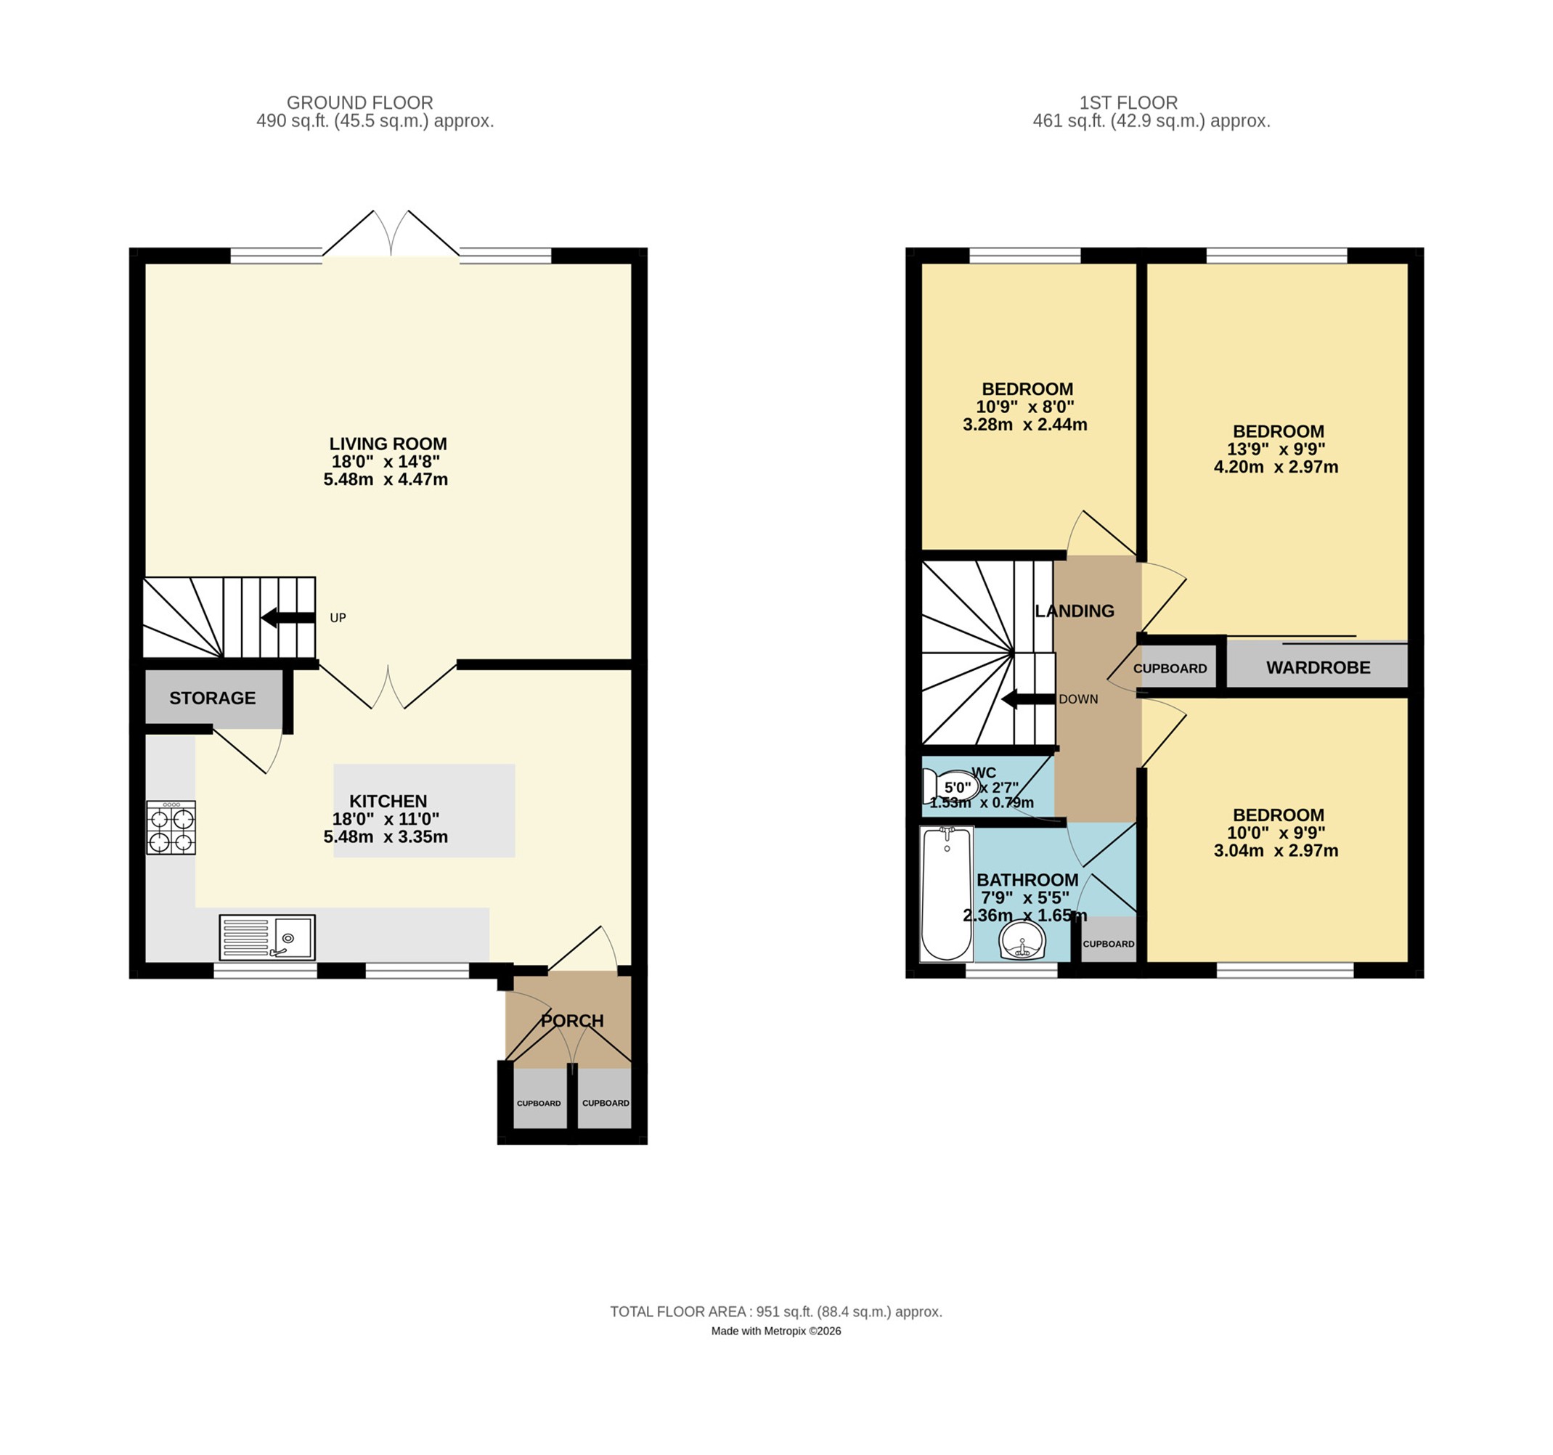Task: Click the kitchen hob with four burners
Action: tap(171, 828)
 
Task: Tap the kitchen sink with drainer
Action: tap(267, 937)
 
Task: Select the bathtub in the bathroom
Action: tap(946, 894)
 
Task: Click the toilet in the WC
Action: tap(949, 785)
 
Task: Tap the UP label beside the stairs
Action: tap(338, 618)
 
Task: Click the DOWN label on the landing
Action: tap(1078, 699)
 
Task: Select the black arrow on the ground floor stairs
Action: tap(288, 618)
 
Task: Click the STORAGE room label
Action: tap(213, 698)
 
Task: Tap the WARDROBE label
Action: tap(1318, 668)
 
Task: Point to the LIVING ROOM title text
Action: tap(388, 444)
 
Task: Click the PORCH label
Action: tap(572, 1021)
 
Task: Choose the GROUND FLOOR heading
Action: tap(359, 102)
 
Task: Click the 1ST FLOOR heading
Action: tap(1128, 102)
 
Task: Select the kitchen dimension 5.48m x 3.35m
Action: tap(386, 836)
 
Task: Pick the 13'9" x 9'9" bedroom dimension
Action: tap(1276, 449)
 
